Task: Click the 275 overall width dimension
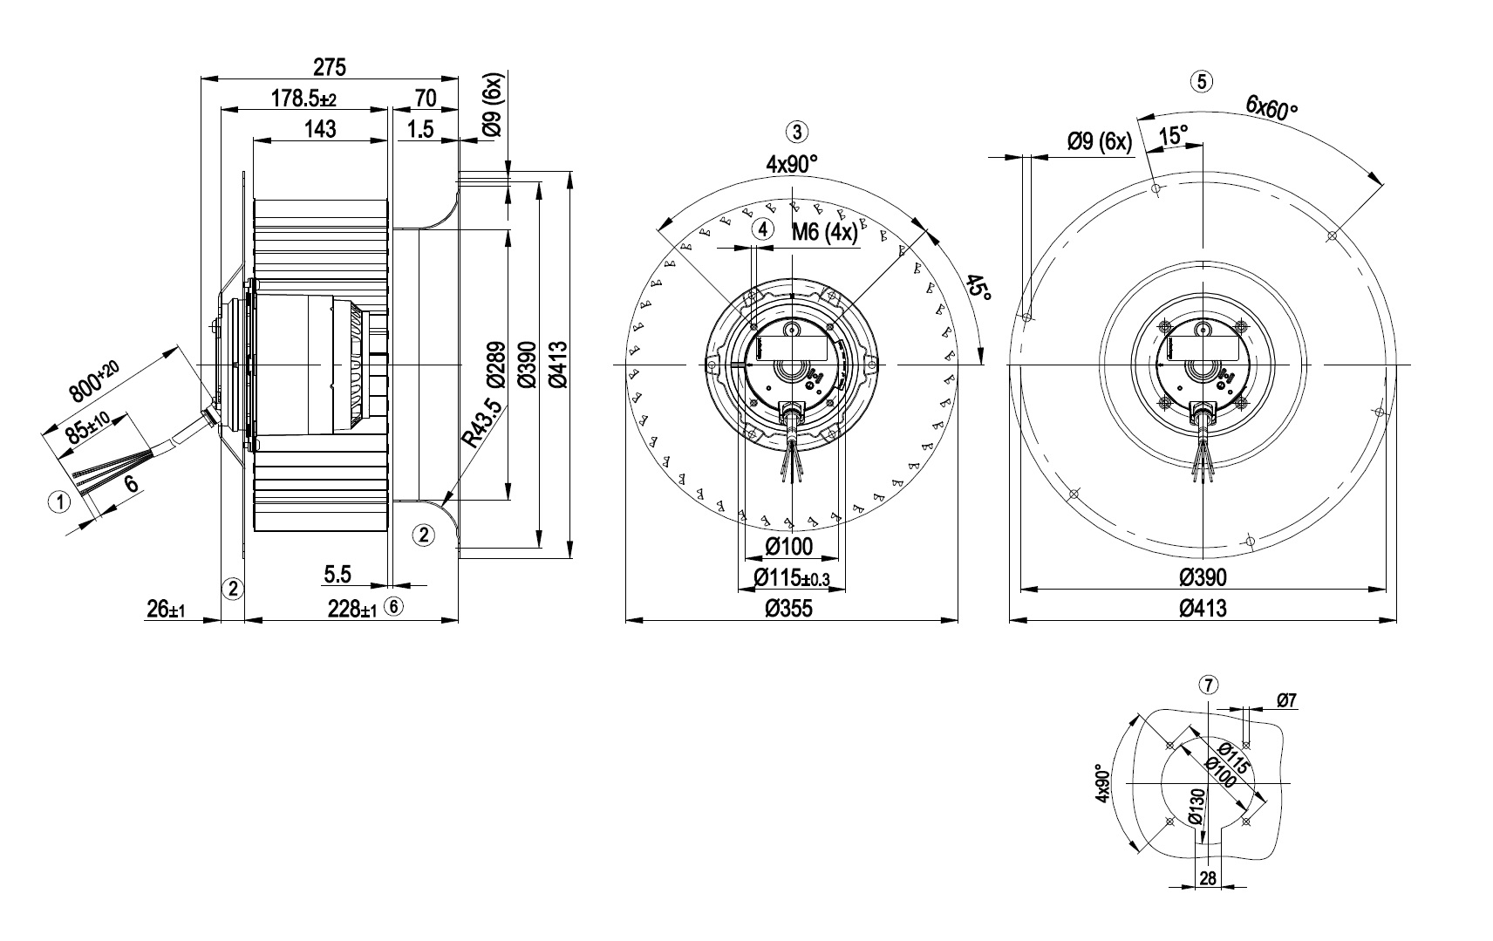330,66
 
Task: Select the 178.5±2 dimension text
303,99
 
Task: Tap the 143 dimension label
320,129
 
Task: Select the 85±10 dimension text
85,428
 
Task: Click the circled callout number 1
59,501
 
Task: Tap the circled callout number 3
797,132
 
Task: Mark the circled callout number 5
1202,82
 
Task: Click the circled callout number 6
394,607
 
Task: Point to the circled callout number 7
1208,685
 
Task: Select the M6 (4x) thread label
824,232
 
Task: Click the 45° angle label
979,288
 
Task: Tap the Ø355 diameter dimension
788,608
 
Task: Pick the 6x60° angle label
1271,108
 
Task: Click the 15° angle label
1173,135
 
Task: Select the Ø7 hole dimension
1287,699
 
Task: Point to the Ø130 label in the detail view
1196,807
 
